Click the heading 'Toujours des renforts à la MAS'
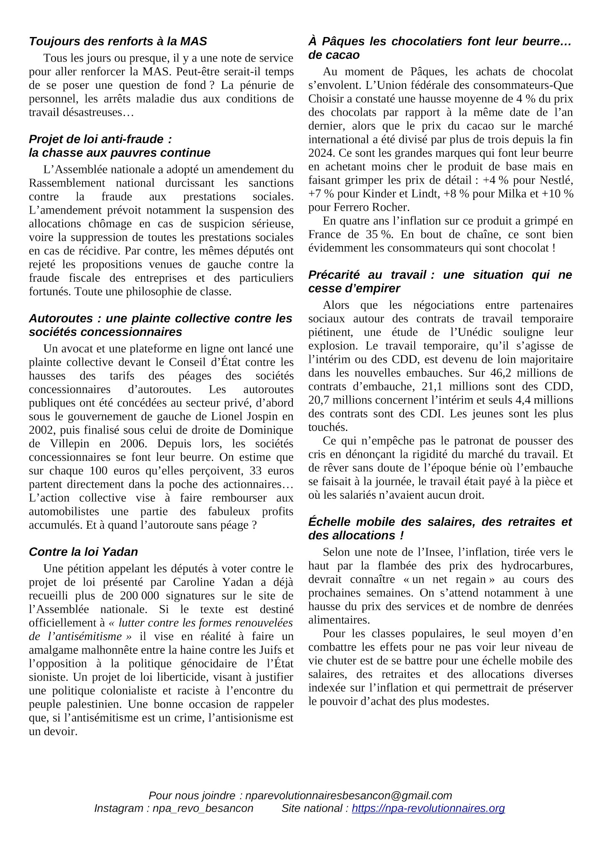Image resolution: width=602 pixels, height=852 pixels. click(118, 42)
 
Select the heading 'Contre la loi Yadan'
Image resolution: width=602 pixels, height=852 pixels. click(83, 552)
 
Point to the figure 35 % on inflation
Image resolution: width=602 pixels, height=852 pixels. click(379, 234)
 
